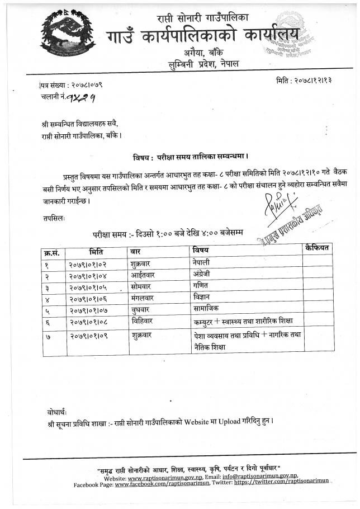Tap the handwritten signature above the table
coord(277,211)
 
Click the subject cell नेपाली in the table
coord(202,261)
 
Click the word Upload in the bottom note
coord(215,421)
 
